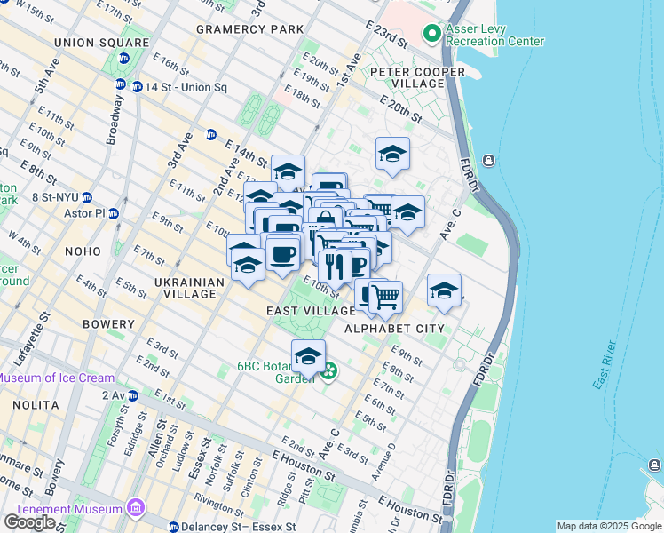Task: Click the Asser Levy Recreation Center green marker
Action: point(431,34)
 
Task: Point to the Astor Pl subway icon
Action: point(114,214)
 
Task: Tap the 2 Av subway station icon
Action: point(132,395)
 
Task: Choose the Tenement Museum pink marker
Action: point(135,508)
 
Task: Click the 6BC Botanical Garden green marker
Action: point(329,370)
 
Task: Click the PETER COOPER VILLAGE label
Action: point(417,77)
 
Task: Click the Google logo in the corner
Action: point(29,522)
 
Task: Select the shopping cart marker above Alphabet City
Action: point(385,297)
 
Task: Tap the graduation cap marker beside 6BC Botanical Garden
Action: point(308,355)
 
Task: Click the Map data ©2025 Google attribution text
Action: point(608,526)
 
